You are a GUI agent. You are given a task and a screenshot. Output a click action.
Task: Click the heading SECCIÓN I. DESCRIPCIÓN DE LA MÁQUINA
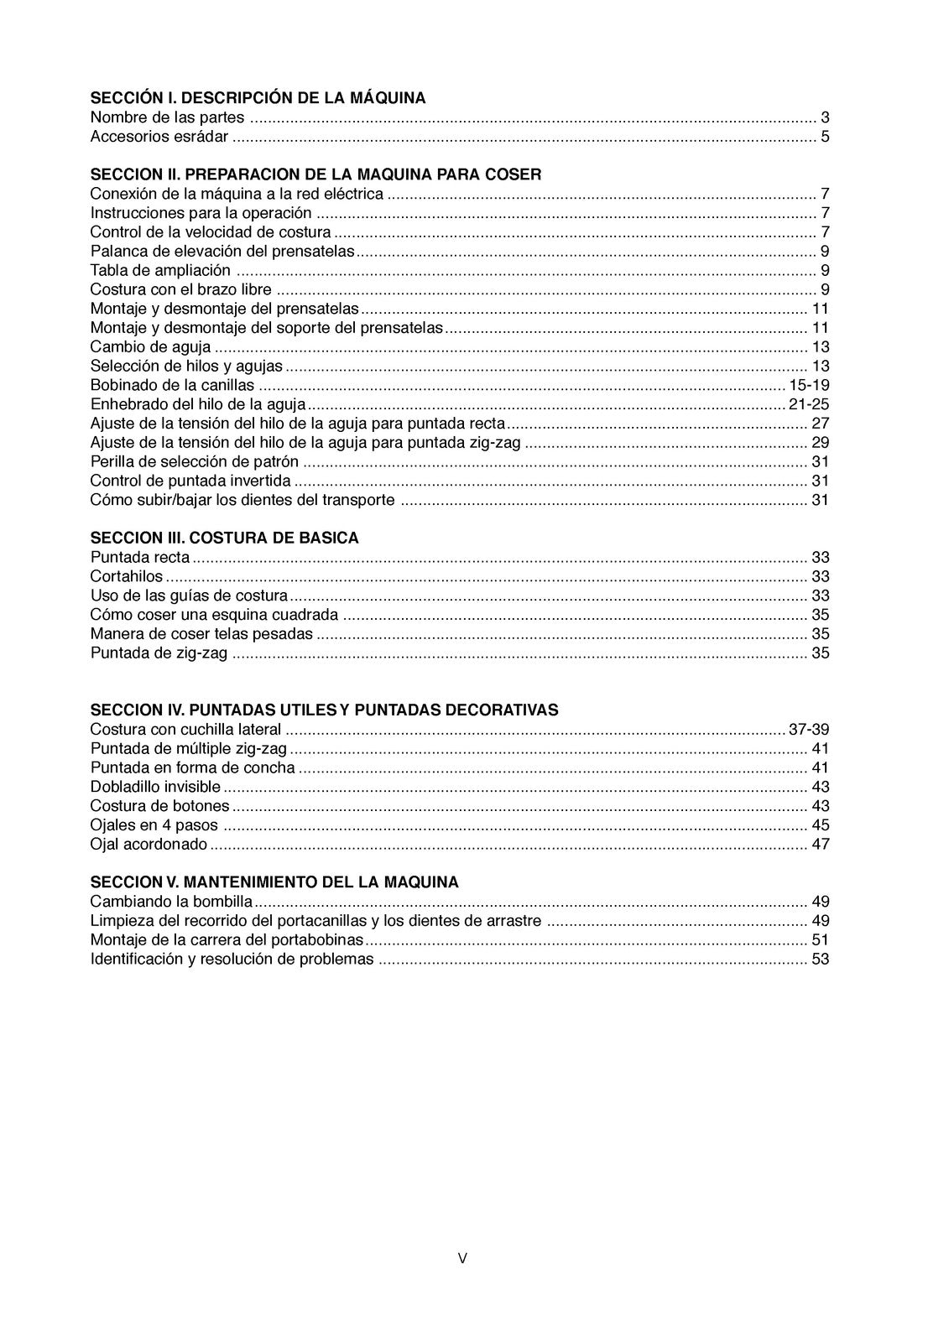(x=258, y=98)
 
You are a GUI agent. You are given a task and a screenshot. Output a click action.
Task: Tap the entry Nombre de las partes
(x=167, y=117)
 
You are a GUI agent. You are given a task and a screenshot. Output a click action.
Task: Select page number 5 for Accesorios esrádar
(x=825, y=137)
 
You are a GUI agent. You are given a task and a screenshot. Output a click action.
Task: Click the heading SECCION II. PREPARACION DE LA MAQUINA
(x=315, y=174)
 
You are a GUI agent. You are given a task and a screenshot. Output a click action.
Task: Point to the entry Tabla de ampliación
(x=159, y=270)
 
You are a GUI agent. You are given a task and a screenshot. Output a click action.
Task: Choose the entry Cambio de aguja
(x=150, y=347)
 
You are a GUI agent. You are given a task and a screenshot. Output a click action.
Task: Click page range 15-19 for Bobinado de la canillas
(x=809, y=386)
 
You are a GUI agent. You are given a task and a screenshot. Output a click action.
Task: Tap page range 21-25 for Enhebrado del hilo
(x=809, y=404)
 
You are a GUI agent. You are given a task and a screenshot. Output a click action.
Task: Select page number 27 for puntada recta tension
(x=820, y=424)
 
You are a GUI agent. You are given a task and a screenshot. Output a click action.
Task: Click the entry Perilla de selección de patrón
(x=194, y=462)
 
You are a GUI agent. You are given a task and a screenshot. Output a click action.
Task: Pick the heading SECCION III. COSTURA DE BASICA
(x=224, y=538)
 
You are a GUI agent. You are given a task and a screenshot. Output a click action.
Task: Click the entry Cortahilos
(x=127, y=577)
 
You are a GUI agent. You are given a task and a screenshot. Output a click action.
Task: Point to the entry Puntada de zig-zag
(x=159, y=653)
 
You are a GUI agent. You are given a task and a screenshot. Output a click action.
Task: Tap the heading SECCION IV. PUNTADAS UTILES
(x=324, y=710)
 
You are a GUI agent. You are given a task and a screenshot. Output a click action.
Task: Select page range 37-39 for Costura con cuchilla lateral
(x=809, y=730)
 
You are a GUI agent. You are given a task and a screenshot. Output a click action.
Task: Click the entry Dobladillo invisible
(x=155, y=787)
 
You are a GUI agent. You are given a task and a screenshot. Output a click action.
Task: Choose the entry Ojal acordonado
(x=149, y=845)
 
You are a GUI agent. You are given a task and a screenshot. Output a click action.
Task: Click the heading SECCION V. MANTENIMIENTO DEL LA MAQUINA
(x=274, y=882)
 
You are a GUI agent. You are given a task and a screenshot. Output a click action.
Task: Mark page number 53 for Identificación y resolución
(x=820, y=960)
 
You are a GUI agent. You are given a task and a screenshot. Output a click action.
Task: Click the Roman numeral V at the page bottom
(x=462, y=1258)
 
